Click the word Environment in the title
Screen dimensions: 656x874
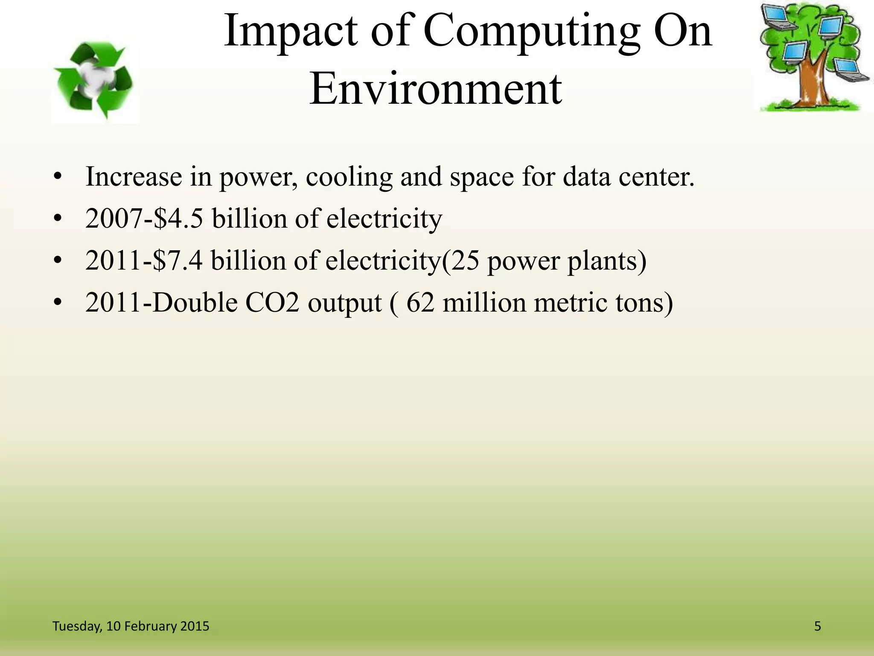tap(435, 89)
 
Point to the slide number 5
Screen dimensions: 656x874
tap(818, 626)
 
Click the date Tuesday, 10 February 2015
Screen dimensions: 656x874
tap(131, 626)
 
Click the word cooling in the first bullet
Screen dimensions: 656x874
tap(349, 177)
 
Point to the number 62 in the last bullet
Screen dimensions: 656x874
tap(420, 303)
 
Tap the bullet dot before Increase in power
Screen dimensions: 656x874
tap(58, 177)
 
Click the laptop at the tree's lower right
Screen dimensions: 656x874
tap(851, 71)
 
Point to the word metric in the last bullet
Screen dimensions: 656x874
tap(570, 303)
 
